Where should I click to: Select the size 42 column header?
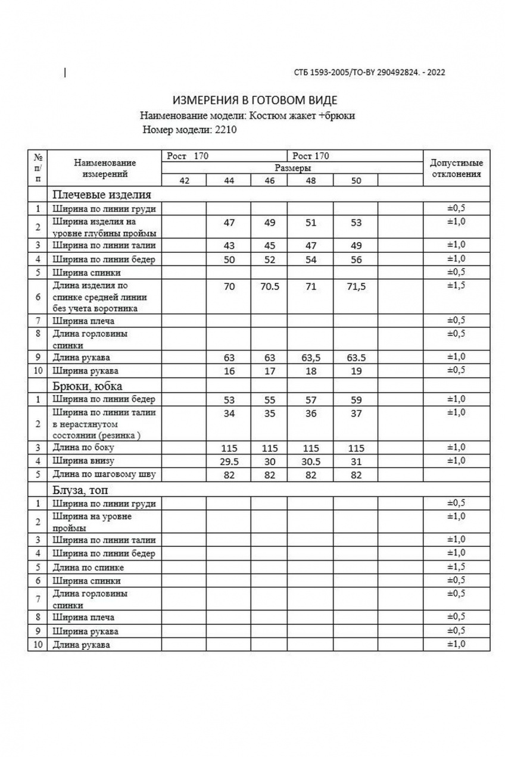(x=185, y=181)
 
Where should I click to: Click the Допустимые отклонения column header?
(x=456, y=168)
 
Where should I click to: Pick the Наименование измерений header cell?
(x=105, y=168)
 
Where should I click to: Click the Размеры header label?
(x=292, y=168)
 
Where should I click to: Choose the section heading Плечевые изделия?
(x=102, y=194)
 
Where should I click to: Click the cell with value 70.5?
(x=270, y=286)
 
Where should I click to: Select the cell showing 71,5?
(x=356, y=286)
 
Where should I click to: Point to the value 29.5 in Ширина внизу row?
(x=229, y=461)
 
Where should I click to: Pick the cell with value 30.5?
(x=310, y=461)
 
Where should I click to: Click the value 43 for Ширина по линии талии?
(x=229, y=245)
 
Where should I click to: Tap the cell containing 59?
(x=356, y=399)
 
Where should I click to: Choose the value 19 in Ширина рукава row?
(x=356, y=371)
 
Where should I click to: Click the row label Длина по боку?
(x=83, y=448)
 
